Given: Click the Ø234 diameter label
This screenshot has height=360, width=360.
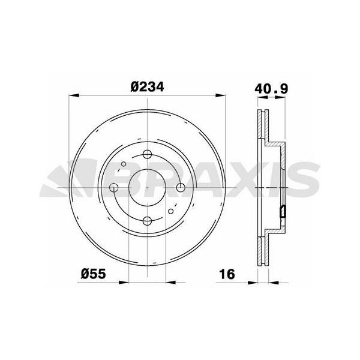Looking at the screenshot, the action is click(x=147, y=87).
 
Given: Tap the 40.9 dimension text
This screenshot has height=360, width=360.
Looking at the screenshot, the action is click(x=271, y=89).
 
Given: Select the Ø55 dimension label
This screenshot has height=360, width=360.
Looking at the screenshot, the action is click(x=94, y=274).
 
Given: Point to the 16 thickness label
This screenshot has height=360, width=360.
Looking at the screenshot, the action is click(x=227, y=274).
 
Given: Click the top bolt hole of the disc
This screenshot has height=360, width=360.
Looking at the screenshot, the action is click(x=147, y=154).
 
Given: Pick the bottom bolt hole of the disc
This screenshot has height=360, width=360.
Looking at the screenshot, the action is click(x=147, y=221).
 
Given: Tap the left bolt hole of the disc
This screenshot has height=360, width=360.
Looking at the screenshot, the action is click(x=113, y=188).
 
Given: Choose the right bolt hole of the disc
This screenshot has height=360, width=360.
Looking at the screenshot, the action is click(x=181, y=188).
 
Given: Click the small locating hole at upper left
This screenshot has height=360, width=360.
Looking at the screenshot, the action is click(x=124, y=164).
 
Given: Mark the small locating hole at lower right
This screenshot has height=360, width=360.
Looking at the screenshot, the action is click(x=171, y=211).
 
